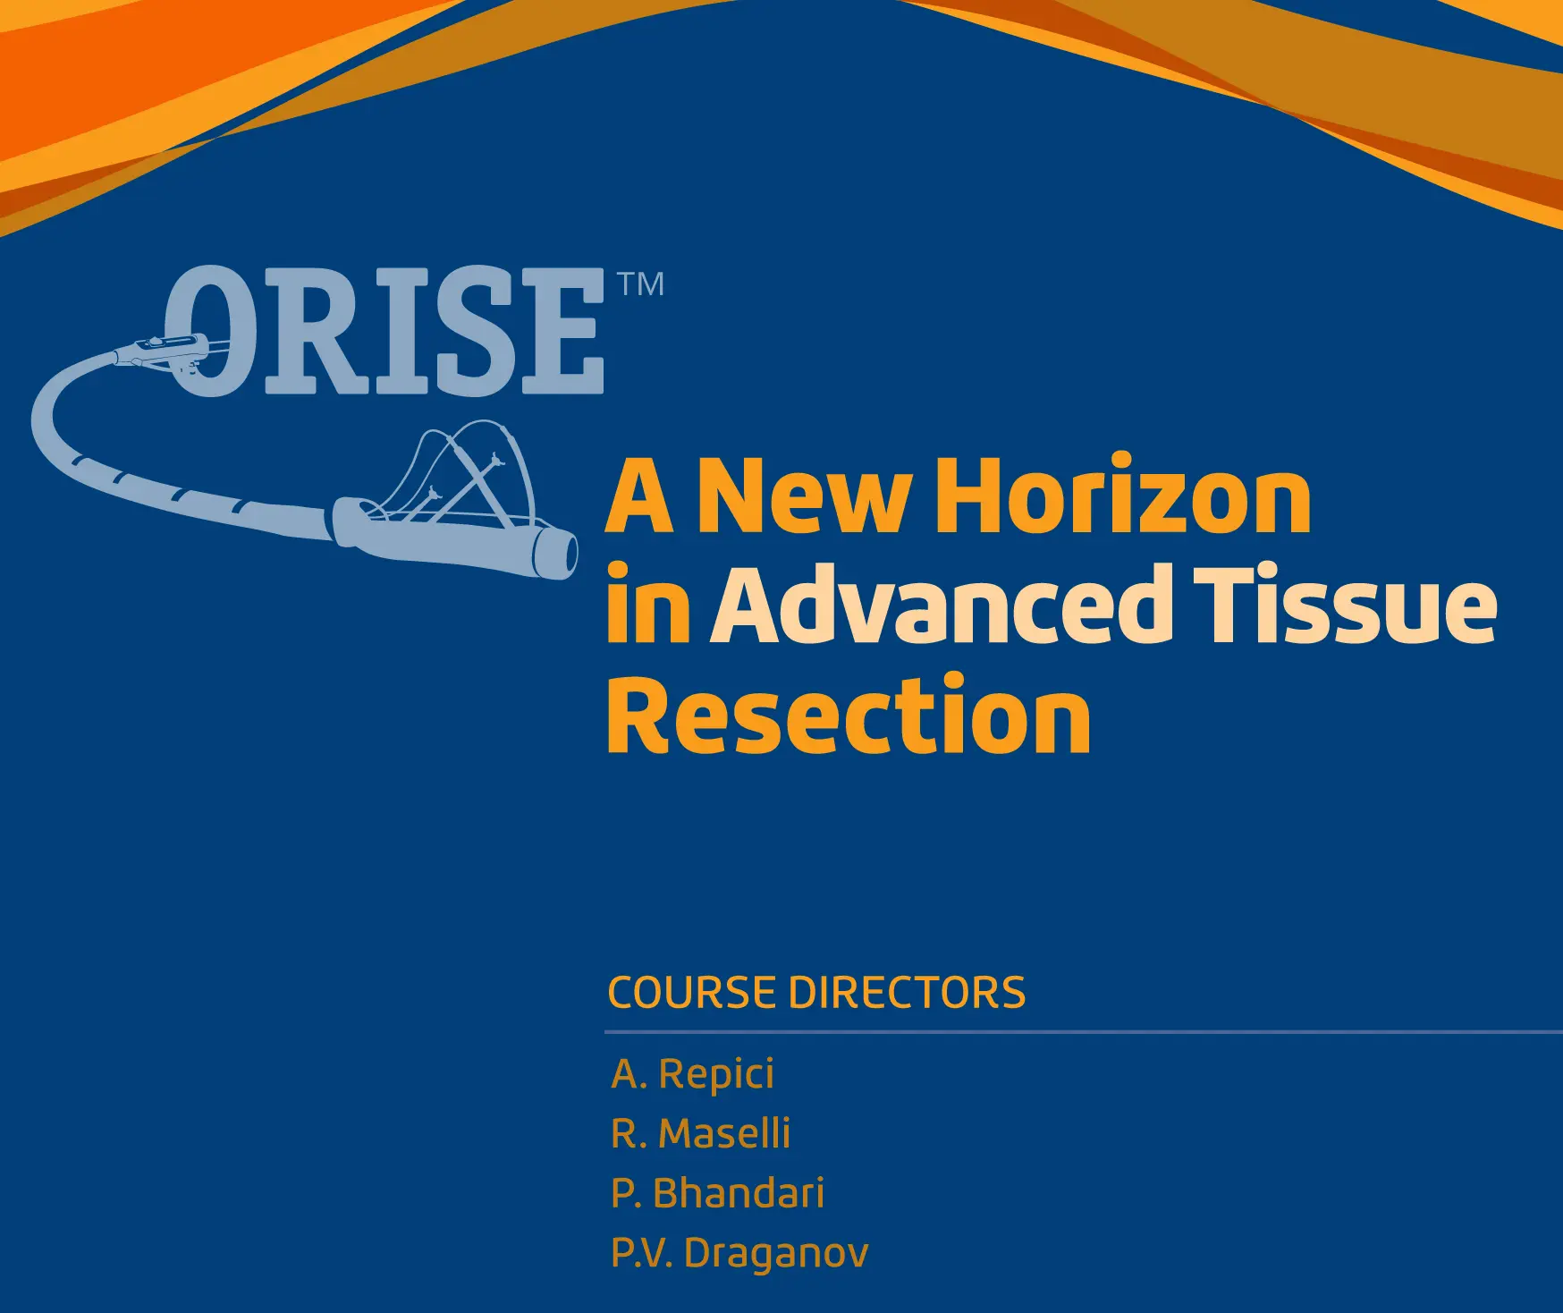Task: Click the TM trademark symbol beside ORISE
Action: (641, 284)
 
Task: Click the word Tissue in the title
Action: (1346, 606)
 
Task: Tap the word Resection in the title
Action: (849, 713)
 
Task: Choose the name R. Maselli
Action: (700, 1133)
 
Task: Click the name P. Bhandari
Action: (717, 1193)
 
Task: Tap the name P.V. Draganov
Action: (739, 1252)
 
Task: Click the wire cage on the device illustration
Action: (465, 474)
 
